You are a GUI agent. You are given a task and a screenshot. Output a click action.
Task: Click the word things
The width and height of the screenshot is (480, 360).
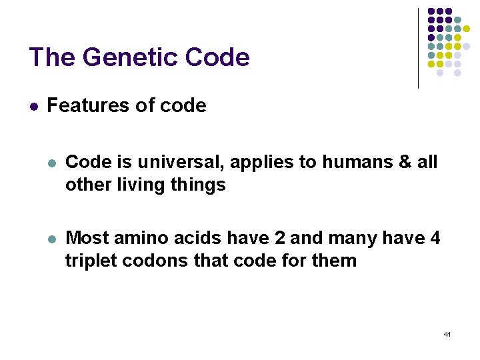click(200, 185)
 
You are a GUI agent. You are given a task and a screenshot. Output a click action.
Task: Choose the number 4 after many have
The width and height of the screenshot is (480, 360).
click(434, 237)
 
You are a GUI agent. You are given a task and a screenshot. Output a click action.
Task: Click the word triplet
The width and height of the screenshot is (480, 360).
click(89, 260)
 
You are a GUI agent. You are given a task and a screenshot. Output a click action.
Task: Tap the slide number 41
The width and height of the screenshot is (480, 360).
click(447, 333)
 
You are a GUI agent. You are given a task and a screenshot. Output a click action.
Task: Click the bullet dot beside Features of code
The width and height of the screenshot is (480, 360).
click(33, 107)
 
